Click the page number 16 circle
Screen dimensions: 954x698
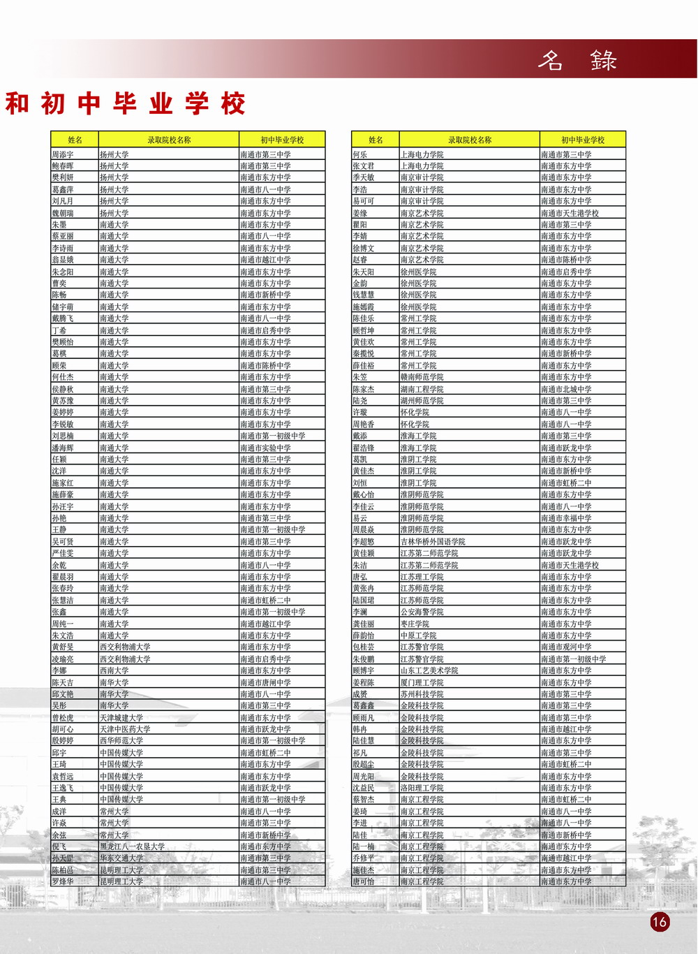[x=659, y=921]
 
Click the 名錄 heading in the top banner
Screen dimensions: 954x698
[x=577, y=60]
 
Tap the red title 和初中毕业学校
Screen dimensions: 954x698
[x=126, y=104]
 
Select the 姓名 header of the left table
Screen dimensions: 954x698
[x=75, y=140]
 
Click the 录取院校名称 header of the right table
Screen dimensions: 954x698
[x=470, y=140]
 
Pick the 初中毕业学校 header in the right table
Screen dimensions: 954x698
[x=583, y=140]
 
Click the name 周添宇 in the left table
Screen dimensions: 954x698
[x=63, y=154]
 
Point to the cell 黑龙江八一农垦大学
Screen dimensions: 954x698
[x=132, y=846]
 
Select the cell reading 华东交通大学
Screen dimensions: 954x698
[x=121, y=858]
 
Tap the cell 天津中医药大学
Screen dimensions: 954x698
[x=125, y=729]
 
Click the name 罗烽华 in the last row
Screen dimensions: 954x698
[x=63, y=881]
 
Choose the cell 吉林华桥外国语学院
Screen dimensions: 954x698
[x=433, y=541]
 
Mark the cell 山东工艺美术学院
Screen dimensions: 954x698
[x=429, y=670]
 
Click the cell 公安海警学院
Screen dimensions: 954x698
[x=422, y=612]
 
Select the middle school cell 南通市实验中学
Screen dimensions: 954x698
[x=265, y=448]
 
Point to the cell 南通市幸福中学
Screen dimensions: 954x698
[x=566, y=518]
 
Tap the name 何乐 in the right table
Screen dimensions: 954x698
[x=359, y=154]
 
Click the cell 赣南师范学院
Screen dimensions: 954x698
[x=422, y=377]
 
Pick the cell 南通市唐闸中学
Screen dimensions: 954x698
[x=265, y=682]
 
